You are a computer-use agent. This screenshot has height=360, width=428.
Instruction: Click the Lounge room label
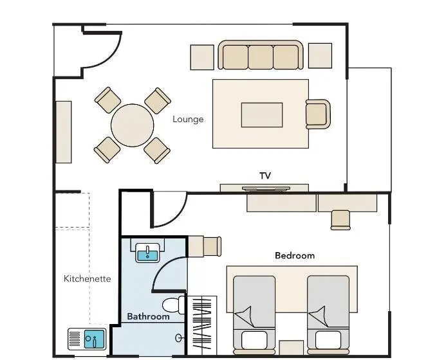(188, 120)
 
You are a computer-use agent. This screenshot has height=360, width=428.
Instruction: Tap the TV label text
(265, 176)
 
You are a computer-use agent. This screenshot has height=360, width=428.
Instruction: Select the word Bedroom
(295, 256)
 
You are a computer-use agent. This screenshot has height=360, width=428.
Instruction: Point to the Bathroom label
(148, 316)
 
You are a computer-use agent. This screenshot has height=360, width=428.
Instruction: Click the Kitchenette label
(87, 278)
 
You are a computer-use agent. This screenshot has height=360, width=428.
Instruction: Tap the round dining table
(133, 125)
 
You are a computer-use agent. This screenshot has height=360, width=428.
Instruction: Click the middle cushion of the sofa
(261, 57)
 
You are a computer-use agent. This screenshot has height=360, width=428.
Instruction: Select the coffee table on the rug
(262, 115)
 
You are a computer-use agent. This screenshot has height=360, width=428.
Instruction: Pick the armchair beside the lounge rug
(318, 114)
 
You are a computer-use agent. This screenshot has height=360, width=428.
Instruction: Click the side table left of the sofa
(202, 57)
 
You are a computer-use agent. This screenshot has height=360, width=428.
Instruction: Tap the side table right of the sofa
(320, 56)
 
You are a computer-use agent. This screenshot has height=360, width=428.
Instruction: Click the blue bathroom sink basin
(147, 256)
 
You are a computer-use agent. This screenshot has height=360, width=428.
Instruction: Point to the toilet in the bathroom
(174, 305)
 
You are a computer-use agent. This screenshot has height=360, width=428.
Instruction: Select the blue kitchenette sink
(94, 339)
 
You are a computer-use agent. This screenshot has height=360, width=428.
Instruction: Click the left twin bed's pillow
(254, 339)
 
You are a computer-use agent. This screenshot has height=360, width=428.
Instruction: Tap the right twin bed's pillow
(328, 339)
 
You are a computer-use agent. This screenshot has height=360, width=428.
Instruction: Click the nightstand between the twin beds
(292, 347)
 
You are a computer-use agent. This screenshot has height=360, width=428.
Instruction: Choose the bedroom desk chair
(340, 220)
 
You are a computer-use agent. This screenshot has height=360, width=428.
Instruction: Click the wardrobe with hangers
(202, 325)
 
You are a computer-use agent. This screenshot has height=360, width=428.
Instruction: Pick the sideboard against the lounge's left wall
(64, 132)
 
